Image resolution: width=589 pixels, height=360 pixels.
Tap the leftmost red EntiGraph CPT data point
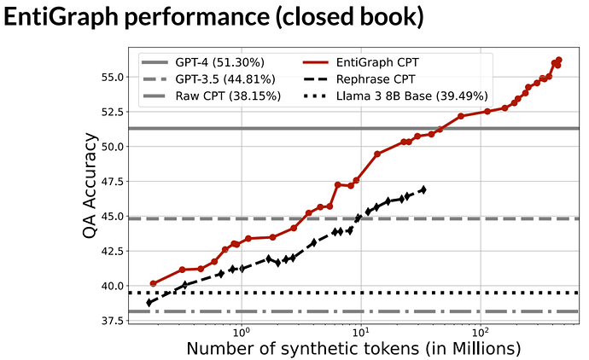coord(154,283)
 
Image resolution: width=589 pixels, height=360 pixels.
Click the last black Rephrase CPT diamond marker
coord(423,189)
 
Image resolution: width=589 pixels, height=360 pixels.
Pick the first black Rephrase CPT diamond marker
coord(149,302)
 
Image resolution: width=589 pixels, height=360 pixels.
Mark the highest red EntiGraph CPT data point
coord(559,60)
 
